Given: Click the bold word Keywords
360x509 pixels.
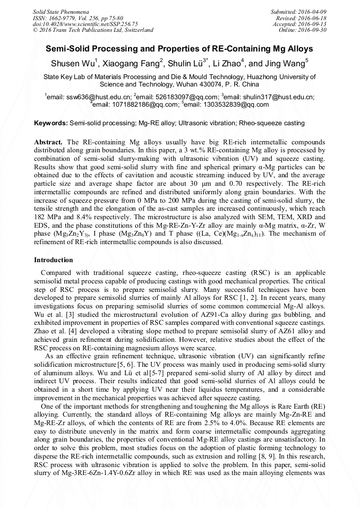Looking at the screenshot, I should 50,123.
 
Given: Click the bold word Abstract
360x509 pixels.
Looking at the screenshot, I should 48,143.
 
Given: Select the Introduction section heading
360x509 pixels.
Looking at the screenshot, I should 54,260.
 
